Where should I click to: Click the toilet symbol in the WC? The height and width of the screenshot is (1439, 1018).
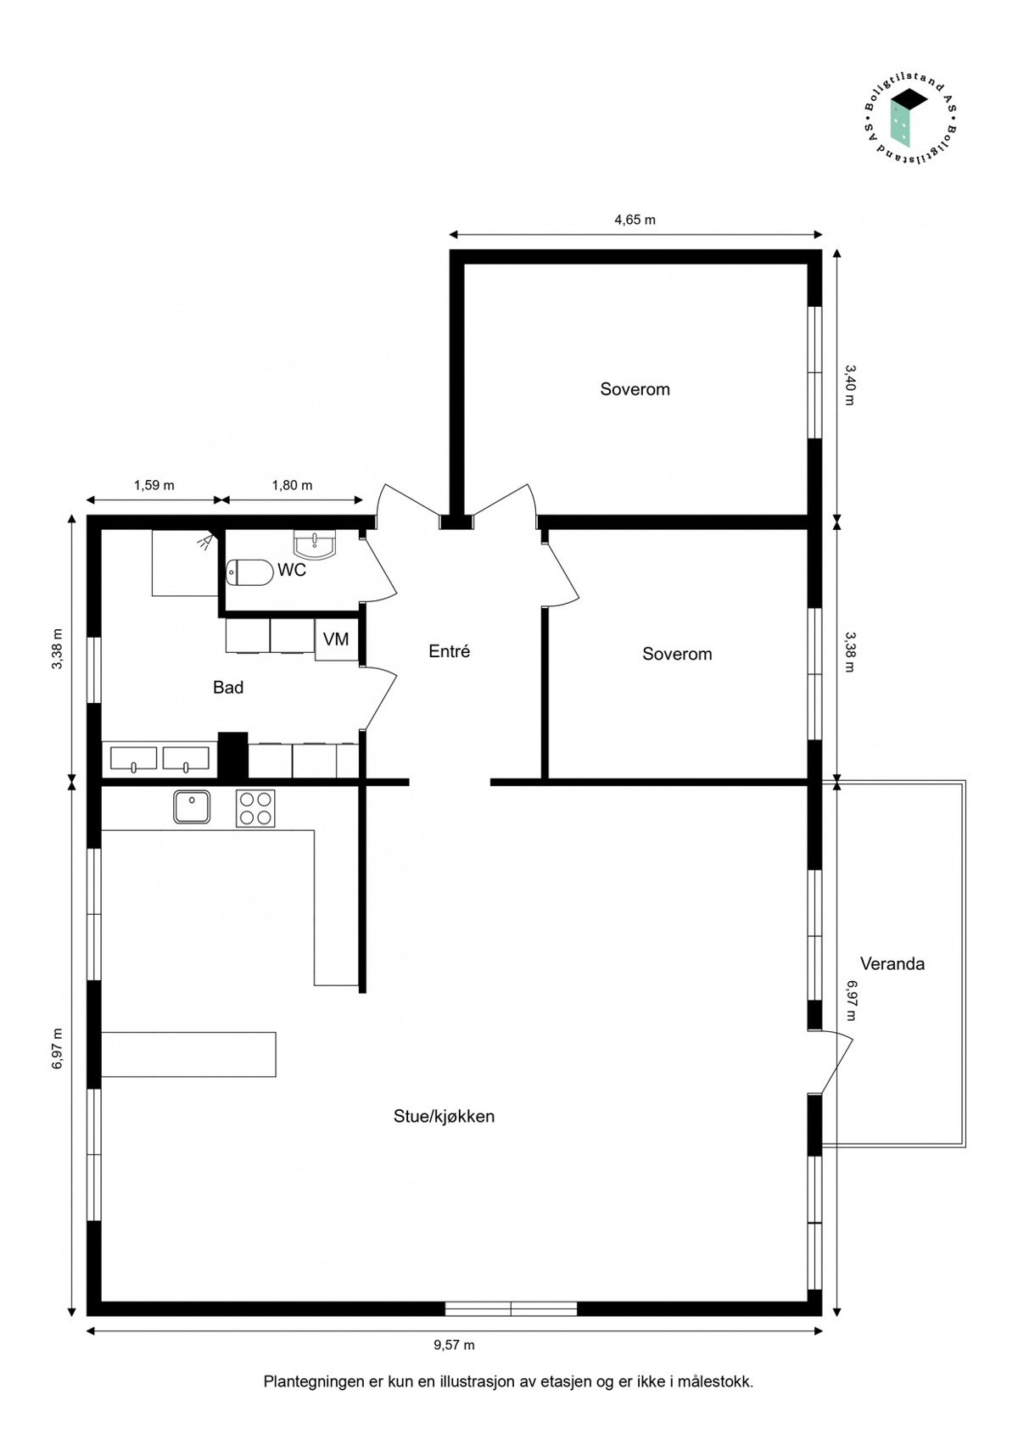pyautogui.click(x=249, y=572)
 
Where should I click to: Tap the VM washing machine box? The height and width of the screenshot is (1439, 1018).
pyautogui.click(x=337, y=639)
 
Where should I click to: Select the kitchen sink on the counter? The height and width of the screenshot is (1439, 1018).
pyautogui.click(x=193, y=806)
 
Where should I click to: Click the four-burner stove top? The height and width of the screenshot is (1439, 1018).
pyautogui.click(x=255, y=807)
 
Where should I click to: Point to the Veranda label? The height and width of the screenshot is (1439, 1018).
pyautogui.click(x=892, y=963)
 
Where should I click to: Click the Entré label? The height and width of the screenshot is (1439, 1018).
pyautogui.click(x=449, y=651)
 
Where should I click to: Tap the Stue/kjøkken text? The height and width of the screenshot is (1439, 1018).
pyautogui.click(x=444, y=1116)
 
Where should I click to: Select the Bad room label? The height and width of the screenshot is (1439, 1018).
pyautogui.click(x=228, y=687)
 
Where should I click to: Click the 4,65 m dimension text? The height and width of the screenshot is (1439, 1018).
pyautogui.click(x=635, y=220)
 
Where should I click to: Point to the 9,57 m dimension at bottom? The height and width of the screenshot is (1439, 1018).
pyautogui.click(x=454, y=1345)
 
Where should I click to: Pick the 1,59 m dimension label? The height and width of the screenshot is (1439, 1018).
pyautogui.click(x=154, y=485)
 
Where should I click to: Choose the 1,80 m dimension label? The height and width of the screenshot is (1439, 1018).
pyautogui.click(x=292, y=485)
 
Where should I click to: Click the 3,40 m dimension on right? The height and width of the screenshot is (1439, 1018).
pyautogui.click(x=850, y=384)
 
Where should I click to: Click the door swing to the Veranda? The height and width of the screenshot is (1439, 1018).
pyautogui.click(x=836, y=1060)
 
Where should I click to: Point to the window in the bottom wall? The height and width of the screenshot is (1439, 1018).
pyautogui.click(x=511, y=1308)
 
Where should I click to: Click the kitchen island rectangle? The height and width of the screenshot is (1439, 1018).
pyautogui.click(x=188, y=1054)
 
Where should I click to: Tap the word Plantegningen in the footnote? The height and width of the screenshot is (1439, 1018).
pyautogui.click(x=313, y=1381)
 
